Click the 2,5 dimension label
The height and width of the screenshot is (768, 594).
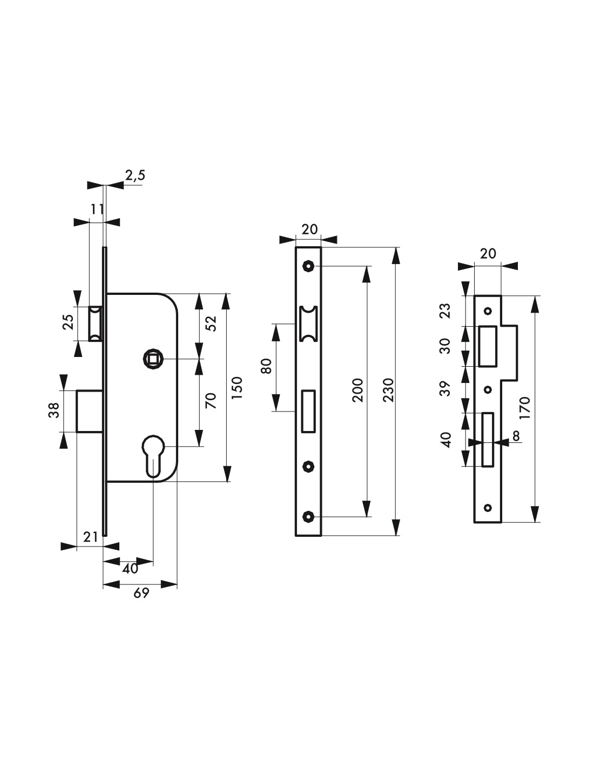point(135,176)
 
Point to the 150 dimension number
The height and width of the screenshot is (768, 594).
point(237,388)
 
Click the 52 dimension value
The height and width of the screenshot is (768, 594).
point(211,323)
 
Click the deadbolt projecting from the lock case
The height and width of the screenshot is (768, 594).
point(90,411)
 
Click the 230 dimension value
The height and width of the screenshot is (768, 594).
point(388,390)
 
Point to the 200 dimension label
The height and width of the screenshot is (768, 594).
point(357,390)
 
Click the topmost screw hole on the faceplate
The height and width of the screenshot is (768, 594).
point(308,265)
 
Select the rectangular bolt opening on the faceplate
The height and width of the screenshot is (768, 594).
point(308,411)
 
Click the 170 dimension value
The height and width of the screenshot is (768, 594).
point(525,408)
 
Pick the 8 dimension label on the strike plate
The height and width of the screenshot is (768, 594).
point(516,436)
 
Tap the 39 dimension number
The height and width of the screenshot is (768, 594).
point(446,388)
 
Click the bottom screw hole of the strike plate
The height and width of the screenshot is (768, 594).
point(488,508)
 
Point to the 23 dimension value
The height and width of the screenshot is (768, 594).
point(446,311)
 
